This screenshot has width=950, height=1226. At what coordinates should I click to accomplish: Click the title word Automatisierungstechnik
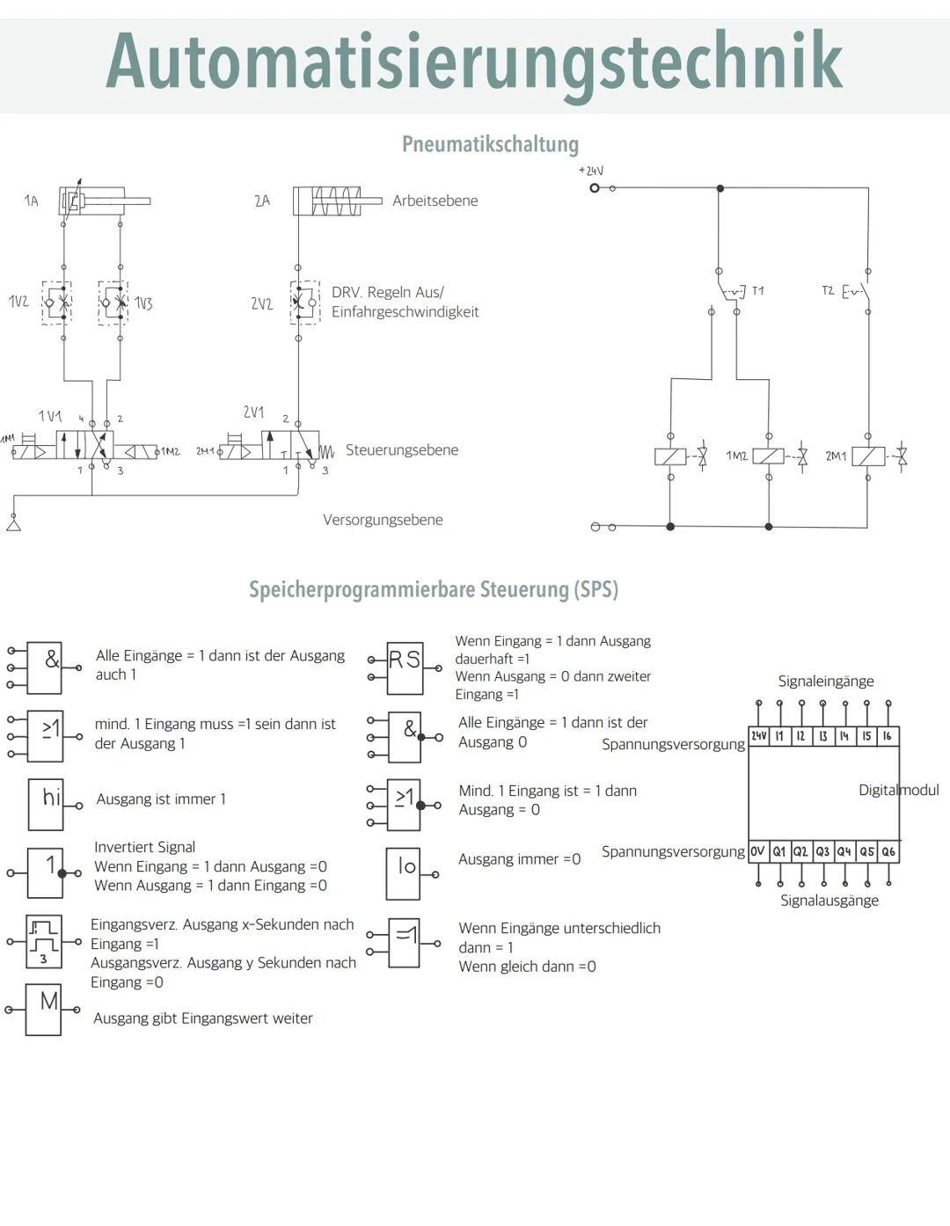click(x=474, y=62)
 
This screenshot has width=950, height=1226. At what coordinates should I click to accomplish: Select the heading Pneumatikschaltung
click(x=490, y=144)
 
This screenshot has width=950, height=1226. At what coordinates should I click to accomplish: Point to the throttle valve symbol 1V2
click(x=57, y=303)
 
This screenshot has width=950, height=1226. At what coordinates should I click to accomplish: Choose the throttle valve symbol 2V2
click(x=304, y=303)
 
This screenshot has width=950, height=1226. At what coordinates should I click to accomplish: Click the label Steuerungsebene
click(x=401, y=450)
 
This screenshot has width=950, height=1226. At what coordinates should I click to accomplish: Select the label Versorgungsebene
click(x=383, y=520)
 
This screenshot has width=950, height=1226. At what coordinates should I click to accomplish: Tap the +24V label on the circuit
click(x=591, y=171)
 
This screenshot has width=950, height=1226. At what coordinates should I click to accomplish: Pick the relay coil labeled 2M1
click(x=868, y=456)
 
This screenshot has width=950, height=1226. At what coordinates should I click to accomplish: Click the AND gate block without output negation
click(x=45, y=668)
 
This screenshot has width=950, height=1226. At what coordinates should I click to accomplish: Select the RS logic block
click(x=405, y=668)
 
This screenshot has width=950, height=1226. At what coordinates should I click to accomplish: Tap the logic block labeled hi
click(x=46, y=804)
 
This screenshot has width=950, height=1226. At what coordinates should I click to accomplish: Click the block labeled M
click(x=44, y=1009)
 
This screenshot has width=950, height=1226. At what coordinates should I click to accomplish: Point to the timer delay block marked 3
click(x=44, y=940)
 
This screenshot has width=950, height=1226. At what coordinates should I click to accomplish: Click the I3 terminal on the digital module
click(x=822, y=736)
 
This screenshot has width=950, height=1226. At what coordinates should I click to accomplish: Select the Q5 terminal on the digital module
click(x=866, y=851)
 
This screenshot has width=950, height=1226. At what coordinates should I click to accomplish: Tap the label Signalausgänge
click(x=829, y=901)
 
